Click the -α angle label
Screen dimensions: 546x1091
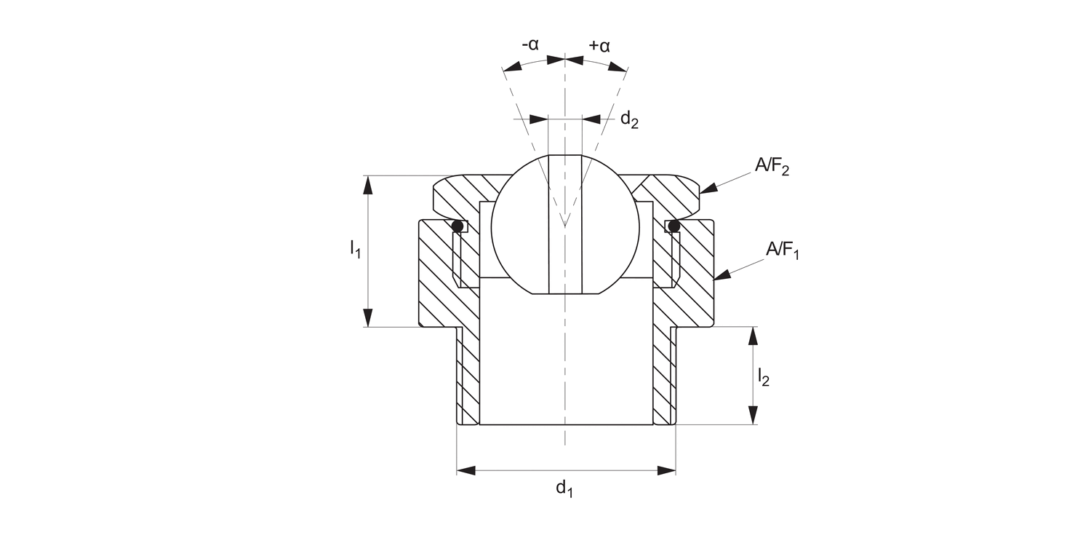(530, 44)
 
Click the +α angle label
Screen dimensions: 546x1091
(599, 45)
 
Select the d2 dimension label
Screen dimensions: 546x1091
(628, 120)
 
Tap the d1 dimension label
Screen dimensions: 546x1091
(564, 488)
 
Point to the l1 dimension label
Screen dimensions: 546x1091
(354, 250)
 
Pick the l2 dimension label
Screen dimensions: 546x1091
(763, 377)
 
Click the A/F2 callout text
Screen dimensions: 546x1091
(772, 167)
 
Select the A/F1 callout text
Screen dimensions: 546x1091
(782, 250)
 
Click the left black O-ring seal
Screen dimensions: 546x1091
(457, 227)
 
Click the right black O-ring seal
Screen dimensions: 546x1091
(674, 227)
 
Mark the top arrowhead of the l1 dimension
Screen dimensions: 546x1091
(368, 185)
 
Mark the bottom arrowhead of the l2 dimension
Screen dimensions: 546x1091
(752, 415)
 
